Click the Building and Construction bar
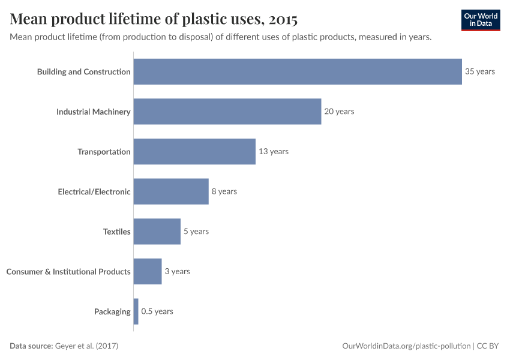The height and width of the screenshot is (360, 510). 297,71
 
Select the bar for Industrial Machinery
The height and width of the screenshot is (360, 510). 227,112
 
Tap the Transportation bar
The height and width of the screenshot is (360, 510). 194,151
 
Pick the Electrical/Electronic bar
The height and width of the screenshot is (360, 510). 171,191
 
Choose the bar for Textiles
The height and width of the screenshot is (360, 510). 157,232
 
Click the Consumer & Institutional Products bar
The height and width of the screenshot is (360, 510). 148,271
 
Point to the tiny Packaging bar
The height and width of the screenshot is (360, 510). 136,311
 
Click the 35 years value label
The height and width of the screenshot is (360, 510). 480,71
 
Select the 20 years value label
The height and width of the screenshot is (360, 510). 339,112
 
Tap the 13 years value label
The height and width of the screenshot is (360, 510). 274,151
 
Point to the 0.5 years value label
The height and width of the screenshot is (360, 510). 157,311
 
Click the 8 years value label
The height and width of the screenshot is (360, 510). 224,191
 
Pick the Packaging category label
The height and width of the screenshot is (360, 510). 112,311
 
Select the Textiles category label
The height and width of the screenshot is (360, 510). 116,232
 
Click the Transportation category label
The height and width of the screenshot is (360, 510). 104,151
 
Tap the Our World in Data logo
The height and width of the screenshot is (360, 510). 481,20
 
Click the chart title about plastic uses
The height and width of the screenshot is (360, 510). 154,19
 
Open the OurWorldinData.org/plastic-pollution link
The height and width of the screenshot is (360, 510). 406,346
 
